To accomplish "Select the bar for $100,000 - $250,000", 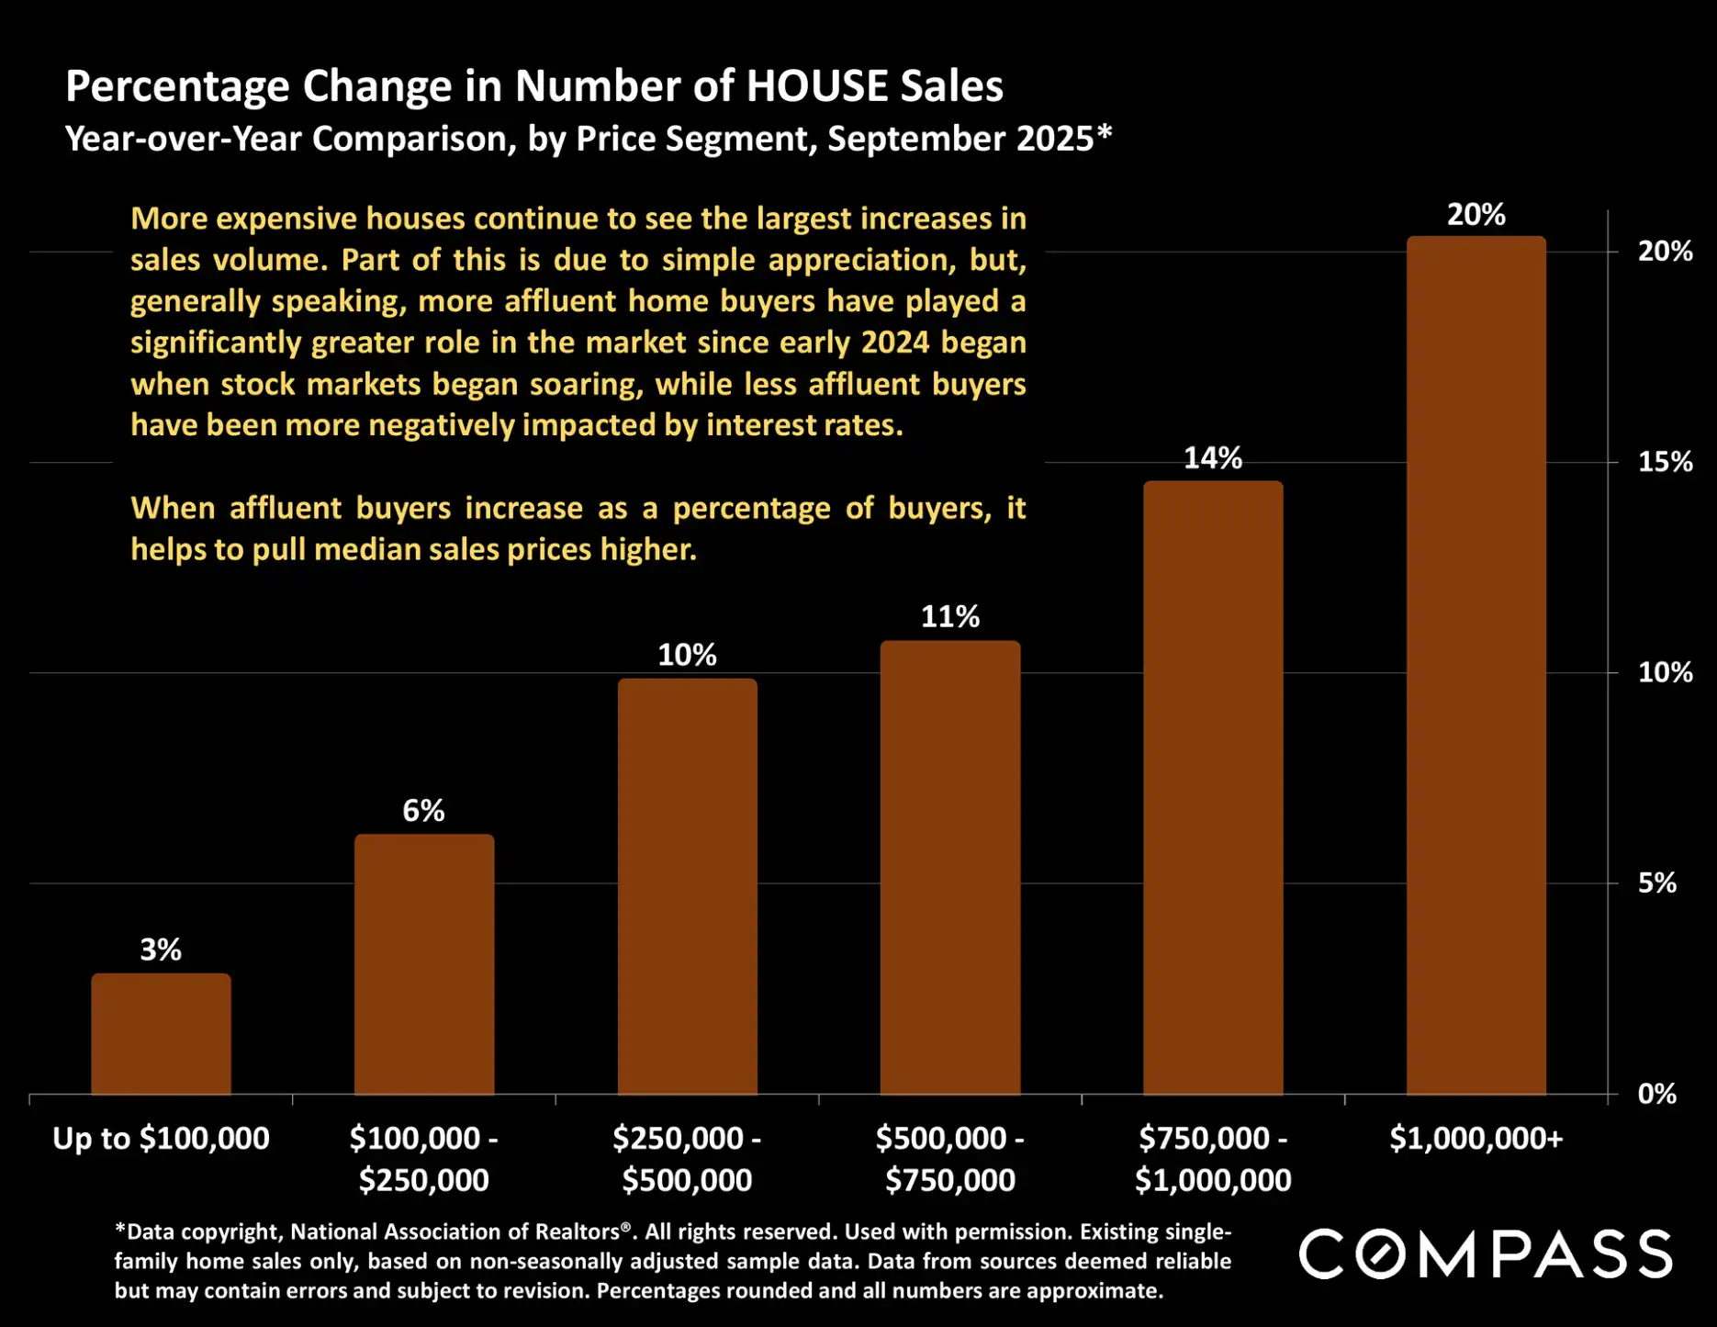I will coord(424,964).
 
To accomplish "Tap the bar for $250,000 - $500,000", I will coord(687,886).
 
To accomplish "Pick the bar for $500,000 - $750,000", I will coord(950,868).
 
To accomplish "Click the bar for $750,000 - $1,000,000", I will coord(1213,788).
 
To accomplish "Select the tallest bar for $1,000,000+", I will coord(1476,666).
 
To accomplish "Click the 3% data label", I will coord(161,950).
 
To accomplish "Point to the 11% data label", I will coord(950,616).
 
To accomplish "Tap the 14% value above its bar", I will coord(1213,457).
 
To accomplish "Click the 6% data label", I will coord(423,810).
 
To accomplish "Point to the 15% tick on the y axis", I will coord(1665,462).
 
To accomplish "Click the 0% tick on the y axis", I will coord(1657,1094).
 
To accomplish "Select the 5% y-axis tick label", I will coord(1657,883).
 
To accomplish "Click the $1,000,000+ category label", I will coord(1476,1139).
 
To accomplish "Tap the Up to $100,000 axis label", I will coord(161,1139).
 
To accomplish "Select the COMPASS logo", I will coord(1485,1254).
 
